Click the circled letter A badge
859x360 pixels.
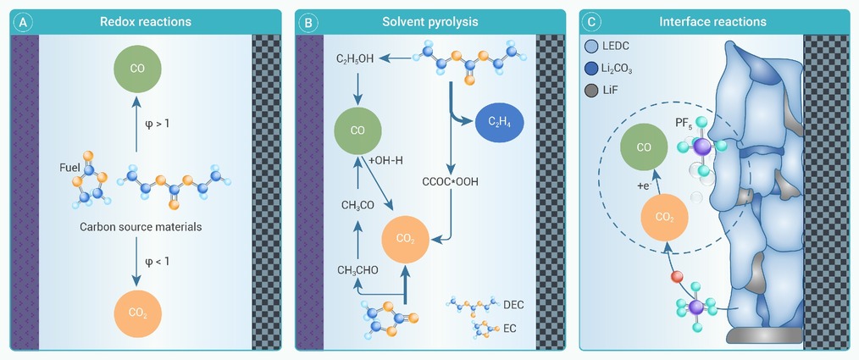24,22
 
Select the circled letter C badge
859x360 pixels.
593,22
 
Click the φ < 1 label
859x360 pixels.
158,261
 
